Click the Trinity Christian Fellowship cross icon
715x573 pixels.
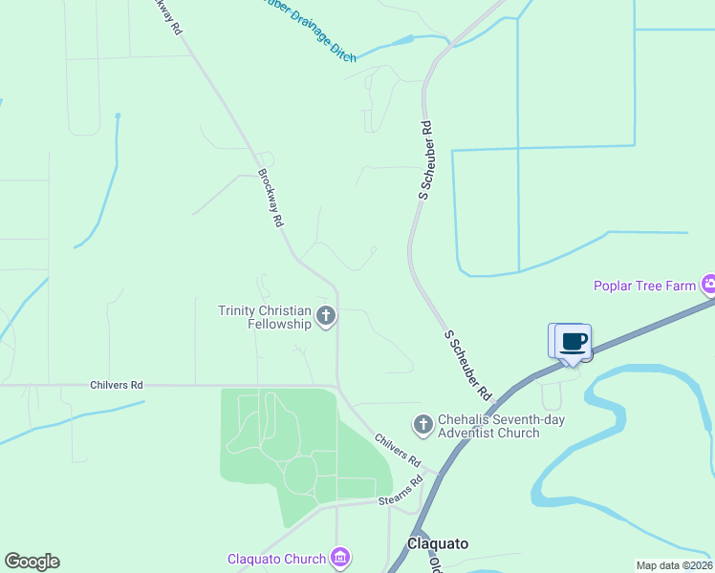pyautogui.click(x=326, y=316)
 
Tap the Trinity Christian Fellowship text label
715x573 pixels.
pyautogui.click(x=265, y=317)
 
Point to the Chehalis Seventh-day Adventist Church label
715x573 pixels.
pyautogui.click(x=488, y=426)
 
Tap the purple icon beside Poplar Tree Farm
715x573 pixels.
pyautogui.click(x=708, y=285)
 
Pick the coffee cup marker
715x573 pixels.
pyautogui.click(x=573, y=342)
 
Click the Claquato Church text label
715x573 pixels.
pyautogui.click(x=276, y=559)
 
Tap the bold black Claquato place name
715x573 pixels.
pyautogui.click(x=438, y=543)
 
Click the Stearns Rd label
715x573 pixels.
pyautogui.click(x=401, y=492)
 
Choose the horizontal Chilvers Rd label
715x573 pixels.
pyautogui.click(x=116, y=385)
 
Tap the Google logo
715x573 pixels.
pyautogui.click(x=32, y=562)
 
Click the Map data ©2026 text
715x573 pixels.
pyautogui.click(x=674, y=565)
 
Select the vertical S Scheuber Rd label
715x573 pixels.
pyautogui.click(x=425, y=159)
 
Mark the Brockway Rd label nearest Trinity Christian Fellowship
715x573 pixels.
pyautogui.click(x=271, y=198)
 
